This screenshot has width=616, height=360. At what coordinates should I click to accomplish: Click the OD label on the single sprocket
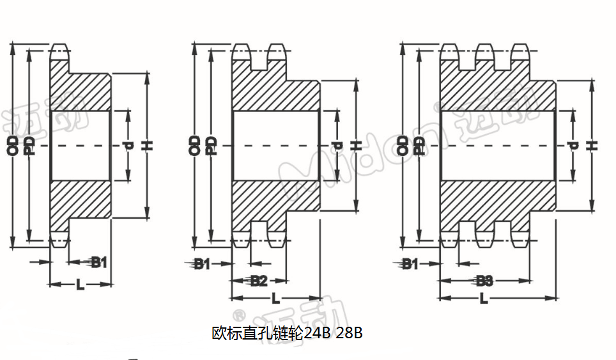(13, 145)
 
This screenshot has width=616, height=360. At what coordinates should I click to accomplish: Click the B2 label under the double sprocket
(258, 281)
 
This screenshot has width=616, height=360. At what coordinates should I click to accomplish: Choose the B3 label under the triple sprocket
(484, 281)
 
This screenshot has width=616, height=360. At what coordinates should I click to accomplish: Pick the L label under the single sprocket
(81, 285)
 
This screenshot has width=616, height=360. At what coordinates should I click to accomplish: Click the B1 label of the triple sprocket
(410, 263)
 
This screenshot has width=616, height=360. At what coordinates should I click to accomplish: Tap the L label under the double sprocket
(275, 298)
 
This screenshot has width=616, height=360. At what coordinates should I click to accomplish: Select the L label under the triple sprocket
(484, 298)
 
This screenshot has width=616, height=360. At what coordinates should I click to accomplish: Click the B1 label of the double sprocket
(202, 263)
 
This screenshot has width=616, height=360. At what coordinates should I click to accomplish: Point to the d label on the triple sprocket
(573, 146)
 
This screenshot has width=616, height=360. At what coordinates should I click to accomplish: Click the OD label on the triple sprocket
(402, 145)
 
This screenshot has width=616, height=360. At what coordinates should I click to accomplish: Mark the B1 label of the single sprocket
(98, 262)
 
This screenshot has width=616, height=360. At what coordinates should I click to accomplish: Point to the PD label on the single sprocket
(29, 145)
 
